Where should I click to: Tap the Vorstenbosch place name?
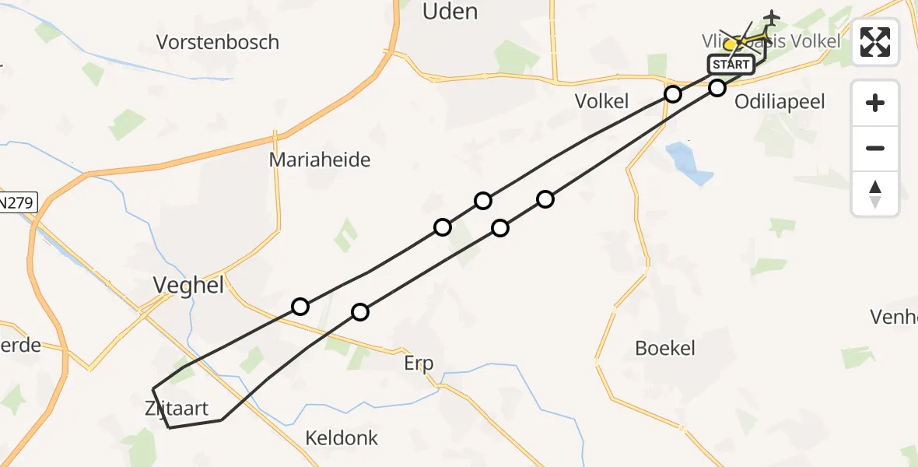pos(218,42)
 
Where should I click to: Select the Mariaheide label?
pos(320,160)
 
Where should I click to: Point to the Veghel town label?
pos(188,286)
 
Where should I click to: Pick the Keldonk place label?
pos(342,438)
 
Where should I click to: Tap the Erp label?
pos(419,363)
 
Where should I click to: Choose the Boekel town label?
pos(665,348)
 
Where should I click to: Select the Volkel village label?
pos(601,100)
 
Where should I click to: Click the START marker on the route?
pos(731,65)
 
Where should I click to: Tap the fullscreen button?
pos(875,41)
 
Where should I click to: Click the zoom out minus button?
pos(875,149)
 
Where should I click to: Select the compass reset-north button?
pos(875,194)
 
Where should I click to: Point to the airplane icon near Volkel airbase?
pos(771,17)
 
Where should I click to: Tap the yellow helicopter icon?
pos(735,44)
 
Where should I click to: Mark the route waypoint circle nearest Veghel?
pos(300,307)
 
